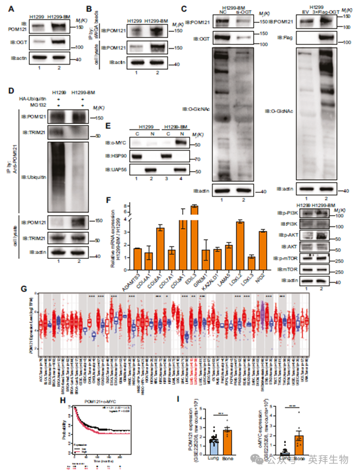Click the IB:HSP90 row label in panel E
pos(118,160)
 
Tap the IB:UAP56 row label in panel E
pos(118,173)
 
